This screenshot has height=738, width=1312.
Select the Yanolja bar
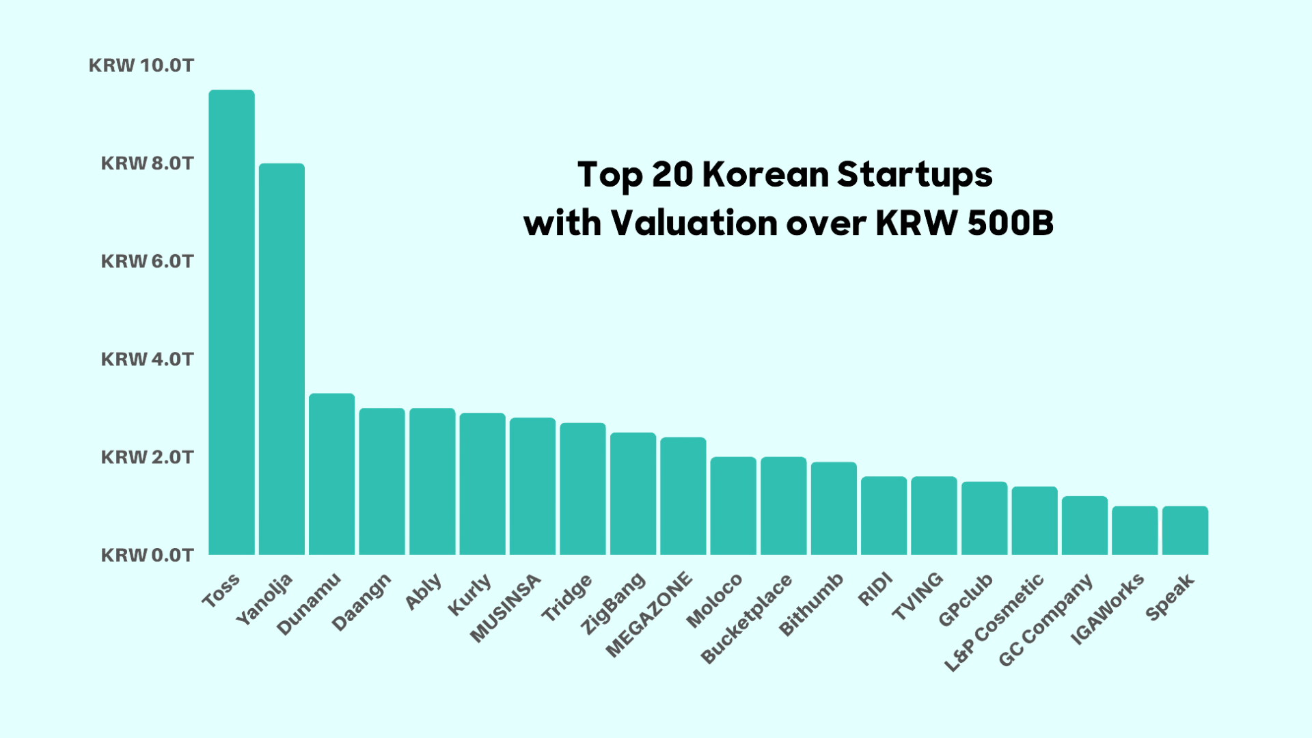(282, 359)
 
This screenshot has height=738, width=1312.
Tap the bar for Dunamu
(332, 474)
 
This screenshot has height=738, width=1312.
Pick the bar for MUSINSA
(533, 486)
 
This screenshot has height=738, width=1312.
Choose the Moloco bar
(733, 506)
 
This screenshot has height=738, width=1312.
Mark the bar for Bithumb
(834, 508)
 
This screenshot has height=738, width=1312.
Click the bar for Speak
(1185, 530)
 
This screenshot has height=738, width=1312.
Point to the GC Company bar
(1084, 525)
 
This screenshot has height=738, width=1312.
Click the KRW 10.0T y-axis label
(141, 66)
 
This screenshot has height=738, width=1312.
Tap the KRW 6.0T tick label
(147, 261)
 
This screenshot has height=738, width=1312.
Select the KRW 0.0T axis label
(147, 555)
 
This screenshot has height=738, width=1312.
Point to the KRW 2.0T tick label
(147, 457)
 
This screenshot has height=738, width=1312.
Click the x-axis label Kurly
(469, 594)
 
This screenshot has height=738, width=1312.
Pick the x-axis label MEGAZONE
(649, 614)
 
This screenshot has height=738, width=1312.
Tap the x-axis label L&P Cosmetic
(994, 622)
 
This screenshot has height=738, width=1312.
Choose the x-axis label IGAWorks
(1107, 608)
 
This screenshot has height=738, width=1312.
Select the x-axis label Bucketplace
(747, 618)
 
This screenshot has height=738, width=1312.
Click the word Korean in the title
(765, 174)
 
